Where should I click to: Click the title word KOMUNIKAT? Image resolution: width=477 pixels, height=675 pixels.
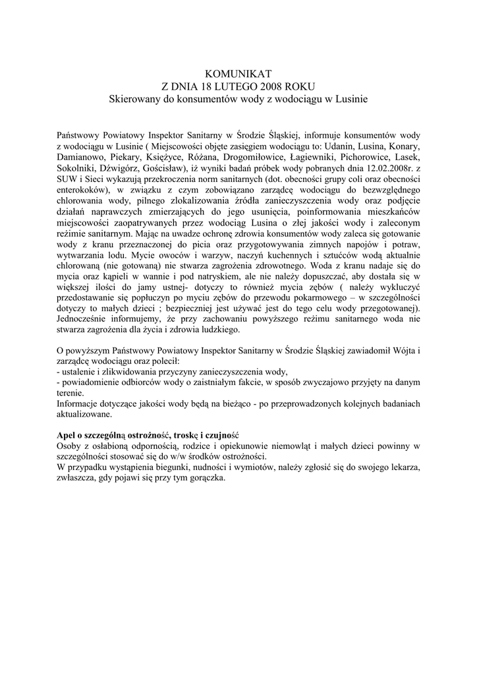coord(238,73)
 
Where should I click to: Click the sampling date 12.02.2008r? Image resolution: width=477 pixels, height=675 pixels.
coord(371,170)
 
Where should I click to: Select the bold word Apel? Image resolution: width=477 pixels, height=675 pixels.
coord(68,436)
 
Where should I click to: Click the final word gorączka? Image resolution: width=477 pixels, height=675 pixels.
coord(204,484)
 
